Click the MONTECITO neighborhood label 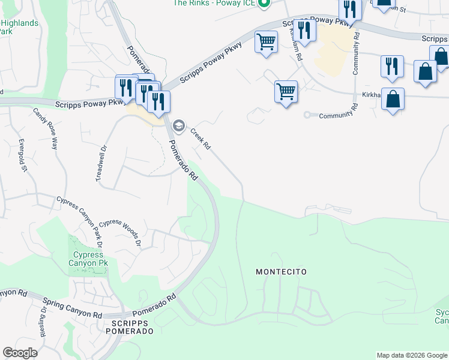[x=281, y=272]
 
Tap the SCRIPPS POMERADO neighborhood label [x=129, y=327]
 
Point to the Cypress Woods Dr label [x=120, y=233]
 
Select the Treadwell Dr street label [x=101, y=164]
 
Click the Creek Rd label [x=200, y=139]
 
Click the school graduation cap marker [x=178, y=125]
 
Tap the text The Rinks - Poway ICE [x=213, y=3]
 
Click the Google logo [x=20, y=353]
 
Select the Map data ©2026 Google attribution [x=412, y=355]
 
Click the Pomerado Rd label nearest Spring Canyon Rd [x=155, y=305]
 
